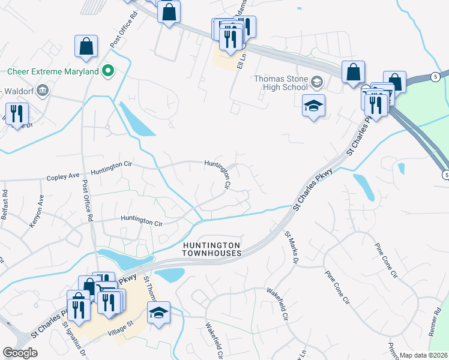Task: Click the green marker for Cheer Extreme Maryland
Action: tap(108, 71)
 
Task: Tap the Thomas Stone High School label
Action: tap(280, 82)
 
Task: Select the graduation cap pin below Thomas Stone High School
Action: tap(313, 106)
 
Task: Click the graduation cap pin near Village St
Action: tap(158, 314)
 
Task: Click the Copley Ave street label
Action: tap(64, 176)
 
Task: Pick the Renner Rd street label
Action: tap(439, 324)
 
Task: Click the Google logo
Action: tap(20, 353)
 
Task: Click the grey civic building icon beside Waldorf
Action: tap(42, 91)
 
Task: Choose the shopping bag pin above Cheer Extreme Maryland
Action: tap(86, 46)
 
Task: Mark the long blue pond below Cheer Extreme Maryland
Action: tap(136, 119)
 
